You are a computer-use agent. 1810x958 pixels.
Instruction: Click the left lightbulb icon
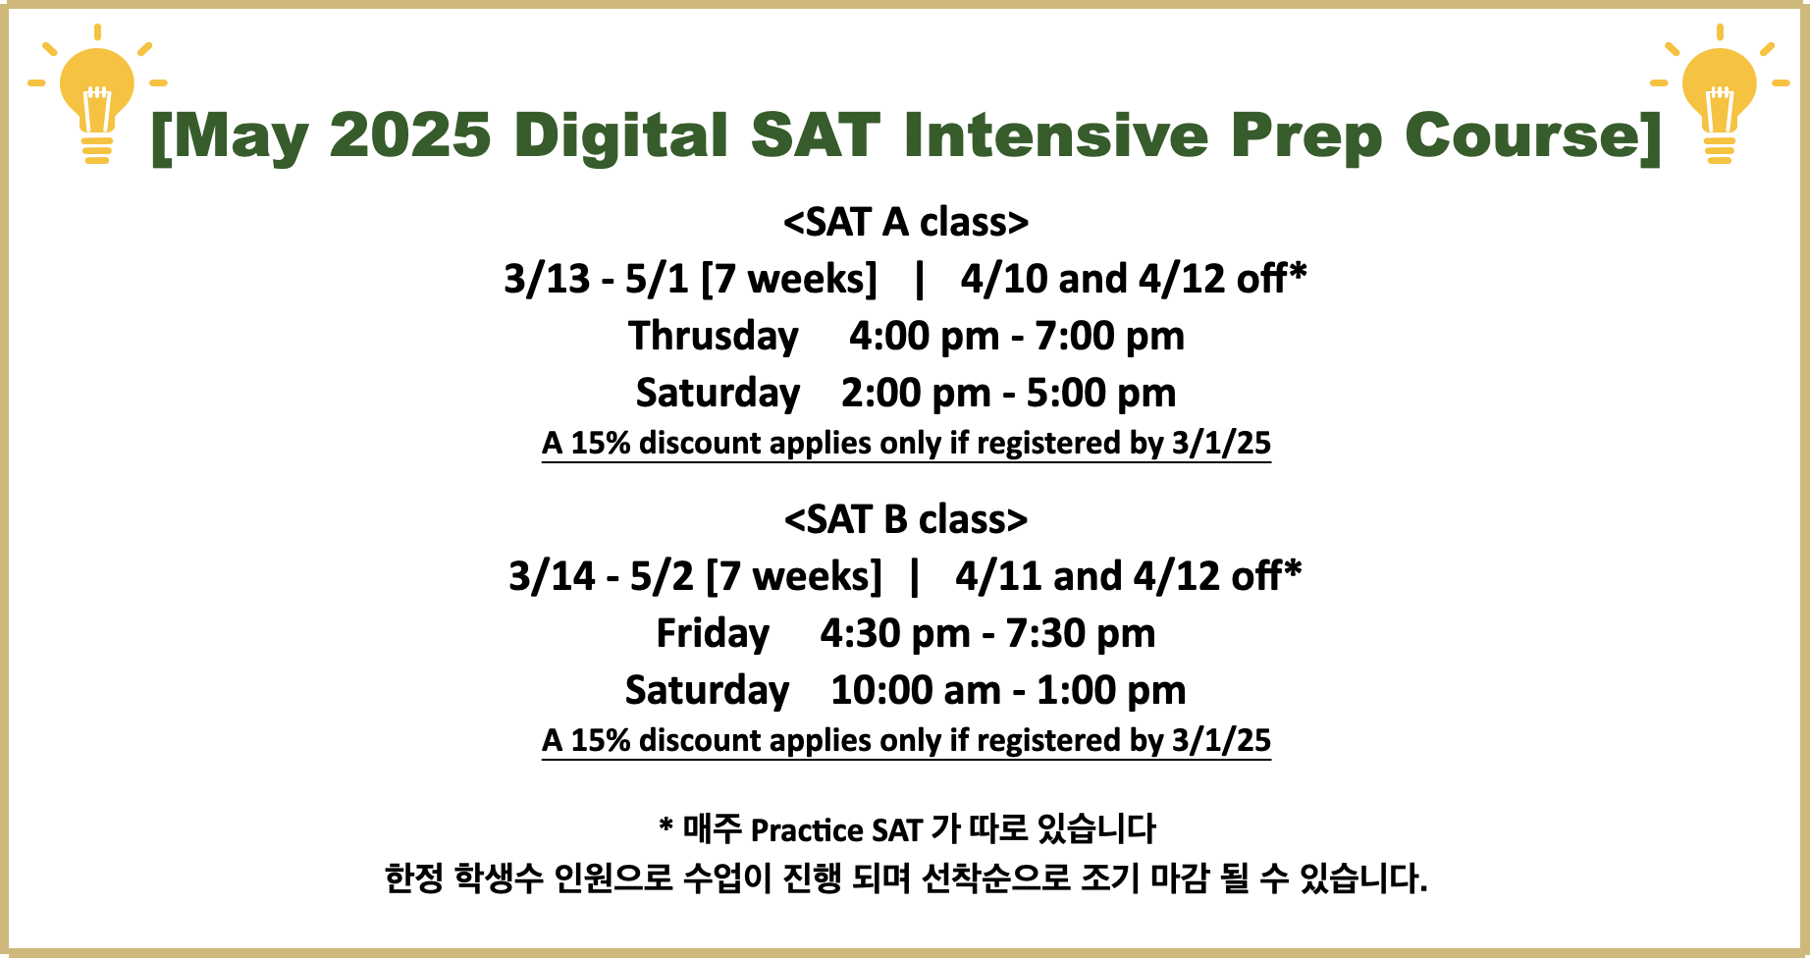[97, 94]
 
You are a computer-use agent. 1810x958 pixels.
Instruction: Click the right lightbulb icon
[1720, 94]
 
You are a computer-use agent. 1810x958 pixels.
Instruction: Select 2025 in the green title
[409, 134]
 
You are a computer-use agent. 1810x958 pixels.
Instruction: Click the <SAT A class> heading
[906, 222]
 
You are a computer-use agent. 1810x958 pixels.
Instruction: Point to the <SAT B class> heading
[906, 519]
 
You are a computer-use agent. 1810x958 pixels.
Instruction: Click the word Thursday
[714, 337]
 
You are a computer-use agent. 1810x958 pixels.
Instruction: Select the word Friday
[713, 634]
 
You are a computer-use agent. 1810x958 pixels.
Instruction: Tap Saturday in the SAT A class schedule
[718, 394]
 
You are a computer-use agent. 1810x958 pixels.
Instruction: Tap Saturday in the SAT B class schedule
[707, 691]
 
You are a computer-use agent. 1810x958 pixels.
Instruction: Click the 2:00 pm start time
[916, 394]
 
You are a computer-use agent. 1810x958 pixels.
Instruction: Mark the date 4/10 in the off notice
[1004, 279]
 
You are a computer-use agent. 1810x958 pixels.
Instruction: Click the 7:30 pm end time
[1080, 634]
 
